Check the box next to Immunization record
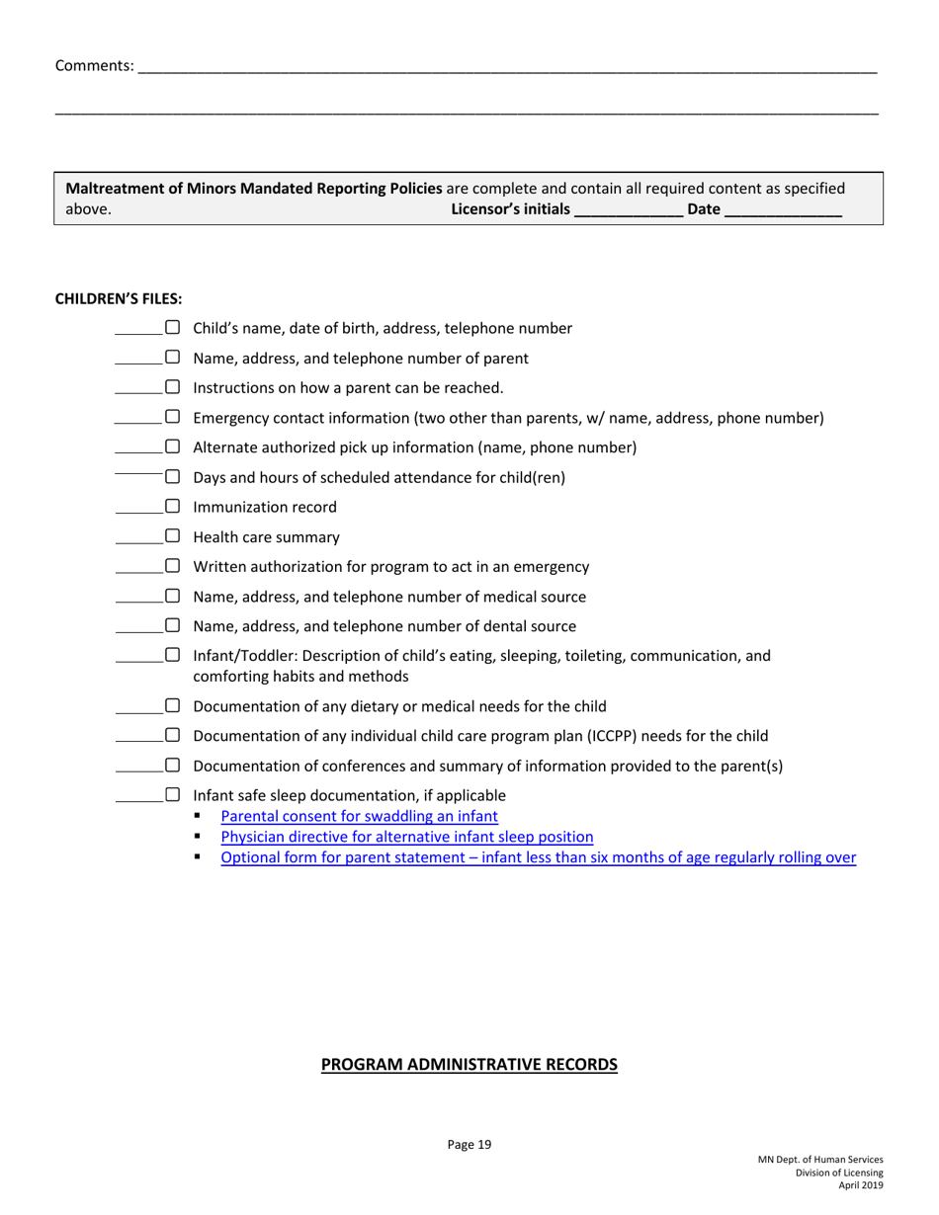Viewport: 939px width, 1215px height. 173,508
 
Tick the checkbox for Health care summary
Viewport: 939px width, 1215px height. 173,537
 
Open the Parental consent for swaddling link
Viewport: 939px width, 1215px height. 359,816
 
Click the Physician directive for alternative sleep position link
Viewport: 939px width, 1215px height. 406,837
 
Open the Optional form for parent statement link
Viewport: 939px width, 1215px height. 538,857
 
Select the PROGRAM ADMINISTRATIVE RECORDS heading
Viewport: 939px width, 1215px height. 469,1064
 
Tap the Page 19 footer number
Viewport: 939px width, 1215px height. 469,1145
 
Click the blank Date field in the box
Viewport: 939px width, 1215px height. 783,210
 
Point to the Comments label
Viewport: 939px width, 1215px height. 94,66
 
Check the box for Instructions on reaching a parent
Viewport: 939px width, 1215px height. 173,388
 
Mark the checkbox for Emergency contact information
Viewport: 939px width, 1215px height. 173,418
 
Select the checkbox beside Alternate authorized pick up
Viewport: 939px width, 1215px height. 173,447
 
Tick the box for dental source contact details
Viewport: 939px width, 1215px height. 173,626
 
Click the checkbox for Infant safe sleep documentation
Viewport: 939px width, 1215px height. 173,795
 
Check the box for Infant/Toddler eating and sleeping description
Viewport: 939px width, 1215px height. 173,656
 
